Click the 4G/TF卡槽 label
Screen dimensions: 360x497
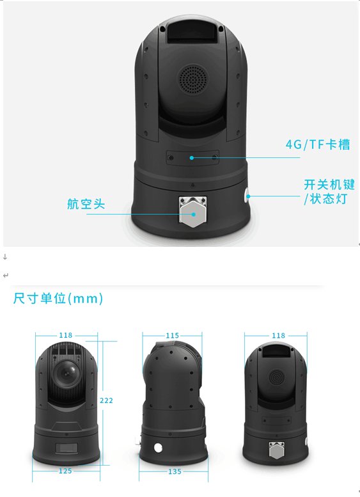[318, 145]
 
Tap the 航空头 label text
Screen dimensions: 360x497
[86, 204]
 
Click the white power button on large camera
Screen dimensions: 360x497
[247, 196]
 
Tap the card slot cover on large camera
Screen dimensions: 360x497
[192, 157]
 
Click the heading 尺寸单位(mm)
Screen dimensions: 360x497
[58, 298]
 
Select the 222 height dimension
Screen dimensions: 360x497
[106, 400]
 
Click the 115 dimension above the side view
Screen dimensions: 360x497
[173, 335]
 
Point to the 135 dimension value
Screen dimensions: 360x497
[175, 471]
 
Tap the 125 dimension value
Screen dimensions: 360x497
[65, 471]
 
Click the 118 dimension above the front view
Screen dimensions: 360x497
[66, 335]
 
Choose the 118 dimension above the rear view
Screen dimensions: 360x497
[279, 335]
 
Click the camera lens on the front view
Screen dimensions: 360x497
[67, 373]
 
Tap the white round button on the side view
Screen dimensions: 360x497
[158, 448]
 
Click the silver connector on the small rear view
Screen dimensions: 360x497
[277, 450]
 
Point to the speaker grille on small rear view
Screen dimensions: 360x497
[277, 377]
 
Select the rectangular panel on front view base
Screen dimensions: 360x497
[67, 448]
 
